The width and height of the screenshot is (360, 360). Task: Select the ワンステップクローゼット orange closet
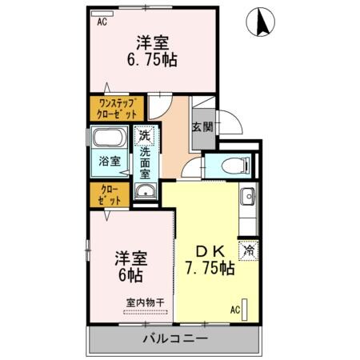click(x=116, y=108)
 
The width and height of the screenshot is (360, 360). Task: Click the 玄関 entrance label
click(x=202, y=126)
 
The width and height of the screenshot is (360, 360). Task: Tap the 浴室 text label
click(x=110, y=161)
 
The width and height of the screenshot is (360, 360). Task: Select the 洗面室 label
click(x=146, y=162)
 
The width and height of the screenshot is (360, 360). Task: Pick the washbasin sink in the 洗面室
click(x=145, y=190)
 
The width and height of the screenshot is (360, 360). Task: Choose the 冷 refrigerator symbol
click(x=249, y=250)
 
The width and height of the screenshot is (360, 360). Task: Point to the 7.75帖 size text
click(x=210, y=269)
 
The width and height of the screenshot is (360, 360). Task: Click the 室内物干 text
click(x=144, y=302)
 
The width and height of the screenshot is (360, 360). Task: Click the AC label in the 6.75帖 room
click(x=102, y=22)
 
